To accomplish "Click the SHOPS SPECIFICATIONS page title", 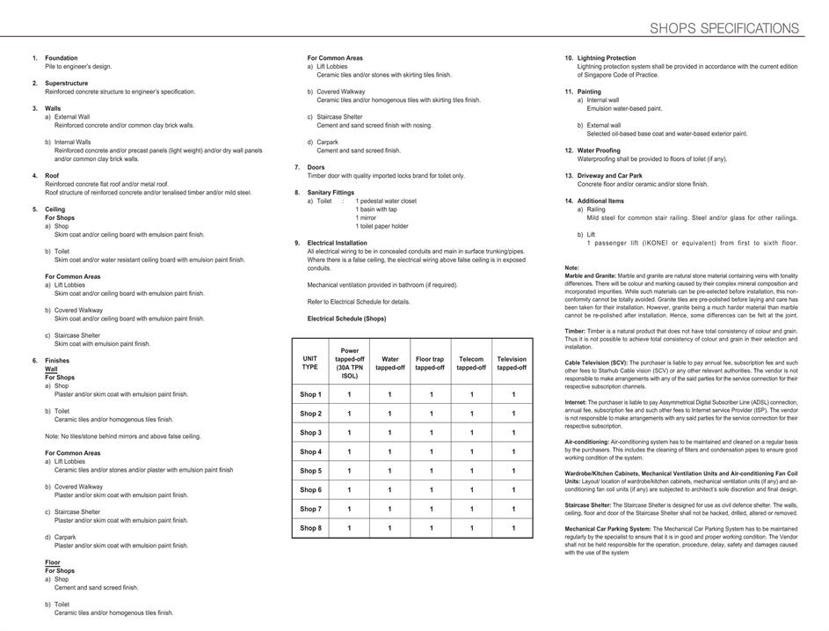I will coord(724,28).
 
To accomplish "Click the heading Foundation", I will coord(62,58).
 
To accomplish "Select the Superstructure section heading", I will coord(67,84).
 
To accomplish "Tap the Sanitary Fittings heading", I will coord(331,193).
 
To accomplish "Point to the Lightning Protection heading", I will coord(607,58).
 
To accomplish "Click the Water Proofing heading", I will coord(599,150).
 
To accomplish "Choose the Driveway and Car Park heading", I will coord(610,176).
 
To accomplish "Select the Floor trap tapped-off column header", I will coord(430,363).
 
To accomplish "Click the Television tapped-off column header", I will coord(512,363).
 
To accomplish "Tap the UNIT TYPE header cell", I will coord(310,363).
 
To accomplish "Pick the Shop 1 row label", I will coord(310,394).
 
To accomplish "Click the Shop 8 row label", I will coord(310,528).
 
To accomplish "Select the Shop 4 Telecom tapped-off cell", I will coord(471,451).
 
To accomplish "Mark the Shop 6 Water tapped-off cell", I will coord(389,490).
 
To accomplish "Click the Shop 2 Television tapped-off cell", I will coord(513,414).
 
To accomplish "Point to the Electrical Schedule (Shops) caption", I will coord(346,319).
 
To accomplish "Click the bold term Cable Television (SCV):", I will coord(596,363).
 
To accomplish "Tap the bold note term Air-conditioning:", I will coord(587,441).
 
